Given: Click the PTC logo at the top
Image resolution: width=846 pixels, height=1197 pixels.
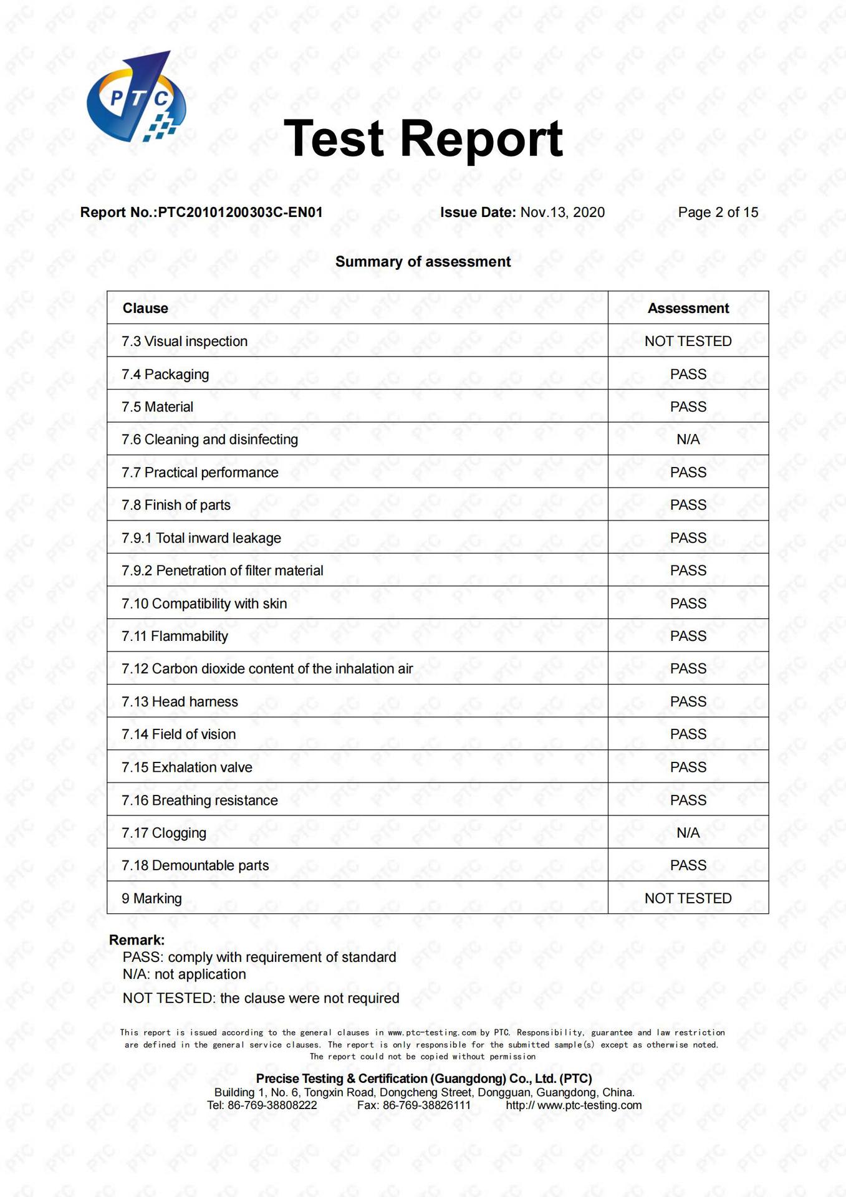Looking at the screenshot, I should pyautogui.click(x=136, y=97).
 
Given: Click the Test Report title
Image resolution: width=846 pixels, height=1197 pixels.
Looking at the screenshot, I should pyautogui.click(x=423, y=138).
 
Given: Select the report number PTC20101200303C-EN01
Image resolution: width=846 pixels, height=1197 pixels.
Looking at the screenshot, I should pyautogui.click(x=240, y=213).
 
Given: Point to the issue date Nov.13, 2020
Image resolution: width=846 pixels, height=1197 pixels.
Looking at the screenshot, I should pyautogui.click(x=562, y=213).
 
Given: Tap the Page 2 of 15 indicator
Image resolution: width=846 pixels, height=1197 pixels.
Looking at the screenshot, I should pyautogui.click(x=718, y=213).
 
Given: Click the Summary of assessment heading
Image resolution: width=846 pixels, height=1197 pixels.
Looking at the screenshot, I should pyautogui.click(x=423, y=262).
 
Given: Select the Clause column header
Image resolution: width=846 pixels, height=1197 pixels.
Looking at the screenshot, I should pyautogui.click(x=145, y=308).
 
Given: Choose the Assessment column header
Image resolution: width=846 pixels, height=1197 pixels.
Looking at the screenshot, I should pyautogui.click(x=688, y=308).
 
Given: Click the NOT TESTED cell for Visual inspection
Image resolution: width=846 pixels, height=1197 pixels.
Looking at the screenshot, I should pyautogui.click(x=688, y=341).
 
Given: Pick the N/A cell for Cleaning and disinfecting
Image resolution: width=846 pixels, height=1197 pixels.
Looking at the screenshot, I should pyautogui.click(x=688, y=440).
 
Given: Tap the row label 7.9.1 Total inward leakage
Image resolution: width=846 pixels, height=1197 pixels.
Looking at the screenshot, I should pyautogui.click(x=201, y=538).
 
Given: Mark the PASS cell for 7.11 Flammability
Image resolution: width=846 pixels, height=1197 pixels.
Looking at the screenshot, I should pyautogui.click(x=688, y=636).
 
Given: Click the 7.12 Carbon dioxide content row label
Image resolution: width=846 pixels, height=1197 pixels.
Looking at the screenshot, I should pyautogui.click(x=267, y=669).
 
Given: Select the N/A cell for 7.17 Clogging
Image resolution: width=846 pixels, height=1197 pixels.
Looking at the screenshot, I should pyautogui.click(x=688, y=833).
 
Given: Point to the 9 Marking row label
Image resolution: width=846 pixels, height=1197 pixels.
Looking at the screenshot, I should pyautogui.click(x=151, y=898).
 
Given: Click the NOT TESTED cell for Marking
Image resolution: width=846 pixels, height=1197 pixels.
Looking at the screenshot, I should pyautogui.click(x=688, y=898).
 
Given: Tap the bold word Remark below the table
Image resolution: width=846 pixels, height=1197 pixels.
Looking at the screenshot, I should pyautogui.click(x=137, y=940).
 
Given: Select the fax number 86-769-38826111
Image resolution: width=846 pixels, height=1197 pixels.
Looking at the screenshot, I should pyautogui.click(x=426, y=1105).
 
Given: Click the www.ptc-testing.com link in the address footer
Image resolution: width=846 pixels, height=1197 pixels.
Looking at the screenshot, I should pyautogui.click(x=589, y=1105).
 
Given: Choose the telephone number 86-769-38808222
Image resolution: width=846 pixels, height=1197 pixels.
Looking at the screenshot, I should pyautogui.click(x=272, y=1105).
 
